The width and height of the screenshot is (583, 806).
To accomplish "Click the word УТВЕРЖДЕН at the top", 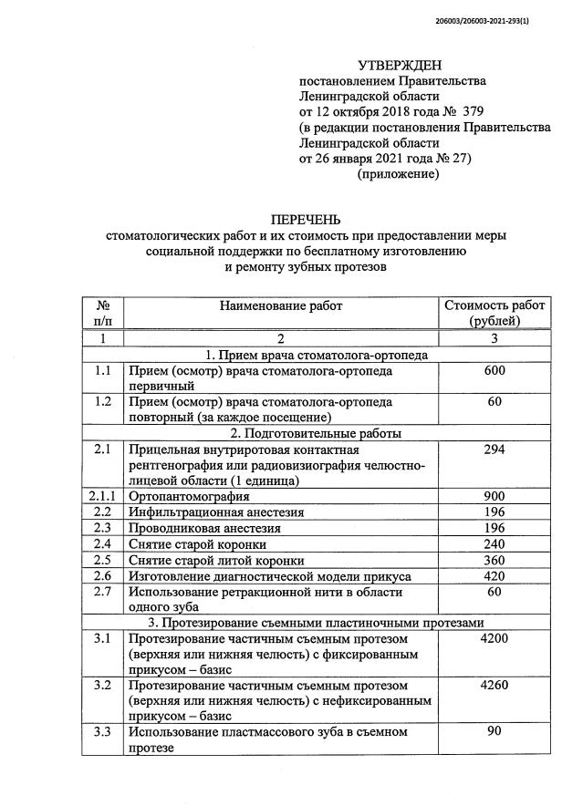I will tap(399, 65).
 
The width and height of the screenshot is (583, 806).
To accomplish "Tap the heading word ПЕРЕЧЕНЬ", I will tap(306, 220).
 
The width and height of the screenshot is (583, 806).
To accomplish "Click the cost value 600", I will tap(494, 372).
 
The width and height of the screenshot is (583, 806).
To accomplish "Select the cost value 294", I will tap(494, 449).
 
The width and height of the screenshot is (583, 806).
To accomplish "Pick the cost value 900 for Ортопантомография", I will tap(494, 497).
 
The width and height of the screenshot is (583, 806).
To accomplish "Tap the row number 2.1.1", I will tap(103, 497).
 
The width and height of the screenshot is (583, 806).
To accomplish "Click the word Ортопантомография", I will tap(190, 497).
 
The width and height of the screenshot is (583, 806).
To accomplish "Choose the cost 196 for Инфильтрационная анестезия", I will tap(494, 512).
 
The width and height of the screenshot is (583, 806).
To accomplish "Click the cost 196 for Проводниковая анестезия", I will tap(494, 528).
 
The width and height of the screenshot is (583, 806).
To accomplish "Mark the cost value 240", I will tap(494, 544).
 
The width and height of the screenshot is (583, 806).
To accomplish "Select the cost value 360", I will tap(494, 560).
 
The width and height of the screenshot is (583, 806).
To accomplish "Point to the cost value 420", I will tap(494, 576).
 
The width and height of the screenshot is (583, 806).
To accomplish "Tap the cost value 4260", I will tap(494, 685).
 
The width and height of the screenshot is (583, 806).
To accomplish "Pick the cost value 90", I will tap(494, 731).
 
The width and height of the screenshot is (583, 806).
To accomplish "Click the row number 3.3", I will tap(103, 731).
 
